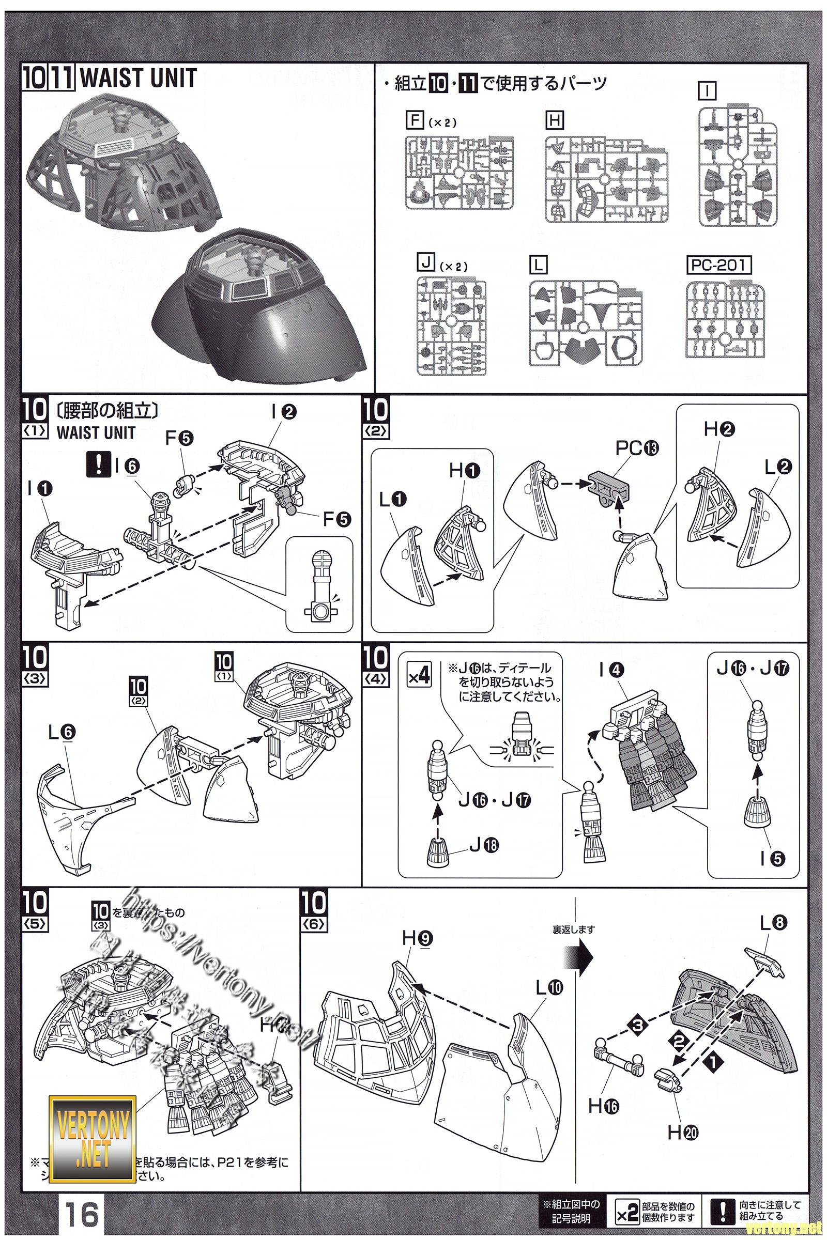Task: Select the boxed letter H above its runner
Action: (554, 121)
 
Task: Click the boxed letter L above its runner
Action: (538, 265)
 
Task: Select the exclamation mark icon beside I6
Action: (97, 466)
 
